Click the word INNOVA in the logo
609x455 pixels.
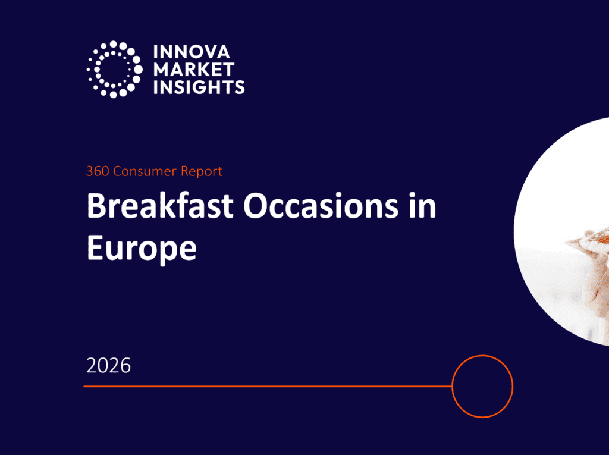[192, 52]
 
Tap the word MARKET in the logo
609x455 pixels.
[194, 70]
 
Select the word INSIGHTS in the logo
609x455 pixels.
[199, 87]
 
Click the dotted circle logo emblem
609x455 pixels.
[114, 69]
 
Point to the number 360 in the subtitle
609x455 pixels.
[98, 171]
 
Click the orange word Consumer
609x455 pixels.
[145, 171]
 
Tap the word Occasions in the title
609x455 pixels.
[321, 206]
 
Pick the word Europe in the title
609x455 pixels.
[142, 247]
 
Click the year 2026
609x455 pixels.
[108, 366]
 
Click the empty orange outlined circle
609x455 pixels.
[482, 356]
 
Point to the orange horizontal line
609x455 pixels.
[268, 386]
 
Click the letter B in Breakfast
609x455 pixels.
[96, 206]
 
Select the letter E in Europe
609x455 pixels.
[95, 247]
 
